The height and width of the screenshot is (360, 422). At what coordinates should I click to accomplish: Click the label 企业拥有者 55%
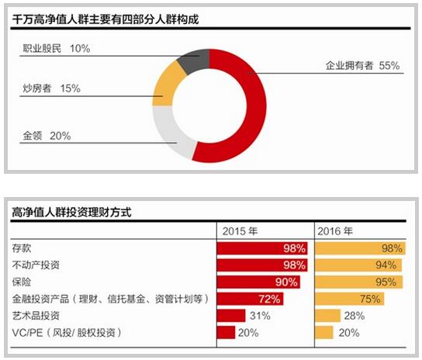tap(362, 67)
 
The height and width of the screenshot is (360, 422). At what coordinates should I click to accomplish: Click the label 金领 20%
tap(47, 136)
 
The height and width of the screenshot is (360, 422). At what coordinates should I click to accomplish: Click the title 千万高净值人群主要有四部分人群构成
tap(102, 19)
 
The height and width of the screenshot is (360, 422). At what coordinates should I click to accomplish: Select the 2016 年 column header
tap(334, 231)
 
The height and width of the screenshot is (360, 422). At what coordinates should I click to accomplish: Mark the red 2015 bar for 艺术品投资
tap(230, 315)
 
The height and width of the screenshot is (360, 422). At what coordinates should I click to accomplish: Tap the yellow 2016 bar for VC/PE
tap(325, 332)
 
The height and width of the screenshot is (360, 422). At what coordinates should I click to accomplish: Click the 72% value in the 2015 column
tap(268, 299)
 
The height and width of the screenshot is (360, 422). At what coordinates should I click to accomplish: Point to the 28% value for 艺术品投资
tap(355, 315)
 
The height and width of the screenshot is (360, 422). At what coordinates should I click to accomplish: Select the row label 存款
tap(22, 248)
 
